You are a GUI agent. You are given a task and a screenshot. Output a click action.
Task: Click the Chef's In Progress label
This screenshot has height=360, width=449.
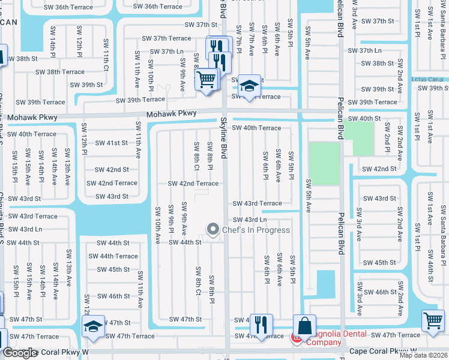(256, 230)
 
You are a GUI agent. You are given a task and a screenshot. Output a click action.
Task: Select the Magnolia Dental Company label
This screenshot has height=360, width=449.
(316, 338)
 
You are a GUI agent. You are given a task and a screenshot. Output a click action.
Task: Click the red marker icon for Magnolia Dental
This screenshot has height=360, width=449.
(296, 338)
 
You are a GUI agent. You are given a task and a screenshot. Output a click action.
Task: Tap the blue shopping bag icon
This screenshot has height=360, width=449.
(304, 326)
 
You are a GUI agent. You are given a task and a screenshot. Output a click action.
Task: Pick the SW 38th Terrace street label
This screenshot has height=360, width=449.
(60, 72)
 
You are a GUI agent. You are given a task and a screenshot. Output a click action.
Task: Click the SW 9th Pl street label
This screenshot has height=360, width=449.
(171, 217)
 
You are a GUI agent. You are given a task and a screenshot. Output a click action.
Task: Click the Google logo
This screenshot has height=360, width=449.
(20, 353)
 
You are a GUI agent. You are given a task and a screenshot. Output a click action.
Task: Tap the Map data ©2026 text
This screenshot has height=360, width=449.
(424, 355)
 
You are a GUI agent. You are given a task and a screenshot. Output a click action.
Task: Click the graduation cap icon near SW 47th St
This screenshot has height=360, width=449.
(93, 326)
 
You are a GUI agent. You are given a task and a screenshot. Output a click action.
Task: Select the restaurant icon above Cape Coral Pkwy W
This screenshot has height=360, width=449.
(261, 325)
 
